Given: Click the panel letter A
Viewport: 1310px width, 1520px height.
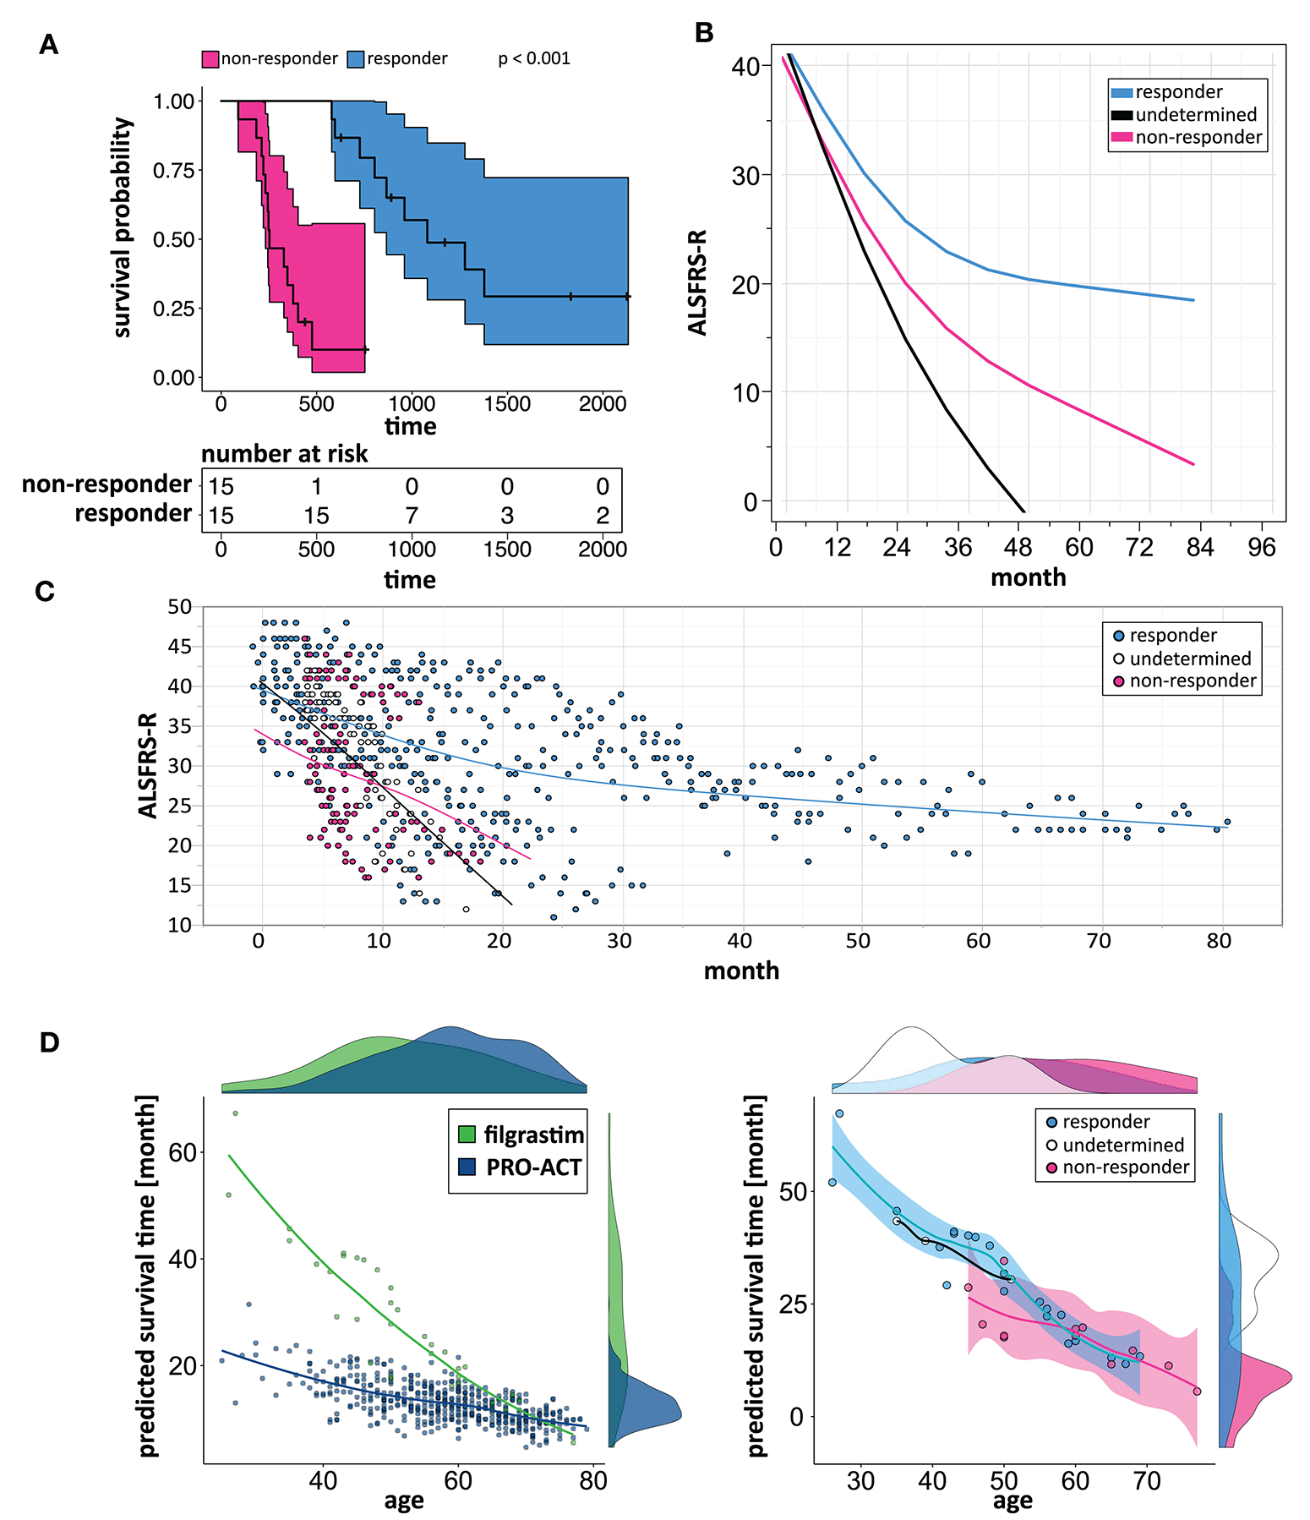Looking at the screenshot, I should click(x=49, y=45).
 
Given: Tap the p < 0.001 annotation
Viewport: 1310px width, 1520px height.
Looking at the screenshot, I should click(x=533, y=58).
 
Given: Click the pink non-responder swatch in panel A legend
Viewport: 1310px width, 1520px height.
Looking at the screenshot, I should click(x=210, y=59).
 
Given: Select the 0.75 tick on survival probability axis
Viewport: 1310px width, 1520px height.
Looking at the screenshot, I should click(x=173, y=171).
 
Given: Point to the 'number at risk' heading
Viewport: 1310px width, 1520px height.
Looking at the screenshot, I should click(x=284, y=454).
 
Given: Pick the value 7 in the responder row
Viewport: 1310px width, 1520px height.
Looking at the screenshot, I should click(x=412, y=516).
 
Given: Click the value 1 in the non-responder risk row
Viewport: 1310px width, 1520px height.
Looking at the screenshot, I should click(x=316, y=486).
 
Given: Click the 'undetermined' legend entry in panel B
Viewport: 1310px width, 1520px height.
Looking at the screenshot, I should click(x=1195, y=115).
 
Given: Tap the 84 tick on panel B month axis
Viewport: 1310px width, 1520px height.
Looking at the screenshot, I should click(x=1199, y=548).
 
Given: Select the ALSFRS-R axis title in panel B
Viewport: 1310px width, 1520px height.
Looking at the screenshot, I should click(x=697, y=282).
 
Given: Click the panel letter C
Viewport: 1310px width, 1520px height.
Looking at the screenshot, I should click(x=45, y=592).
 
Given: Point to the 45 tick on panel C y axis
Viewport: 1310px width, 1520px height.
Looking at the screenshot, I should click(x=180, y=647).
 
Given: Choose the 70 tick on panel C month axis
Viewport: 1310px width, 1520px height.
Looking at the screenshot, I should click(x=1099, y=942).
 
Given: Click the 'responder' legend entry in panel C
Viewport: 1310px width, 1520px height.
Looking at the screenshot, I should click(x=1172, y=636).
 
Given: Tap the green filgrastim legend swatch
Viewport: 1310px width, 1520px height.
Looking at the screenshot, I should click(x=466, y=1135).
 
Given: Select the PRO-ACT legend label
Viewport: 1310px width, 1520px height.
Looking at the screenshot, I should click(x=533, y=1167).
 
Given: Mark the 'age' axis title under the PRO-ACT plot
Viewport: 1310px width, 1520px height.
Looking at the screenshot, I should click(x=404, y=1501).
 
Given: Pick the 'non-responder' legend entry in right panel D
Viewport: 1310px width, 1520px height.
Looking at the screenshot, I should click(x=1125, y=1167).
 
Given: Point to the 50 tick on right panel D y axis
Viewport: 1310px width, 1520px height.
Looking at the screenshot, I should click(x=797, y=1191).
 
